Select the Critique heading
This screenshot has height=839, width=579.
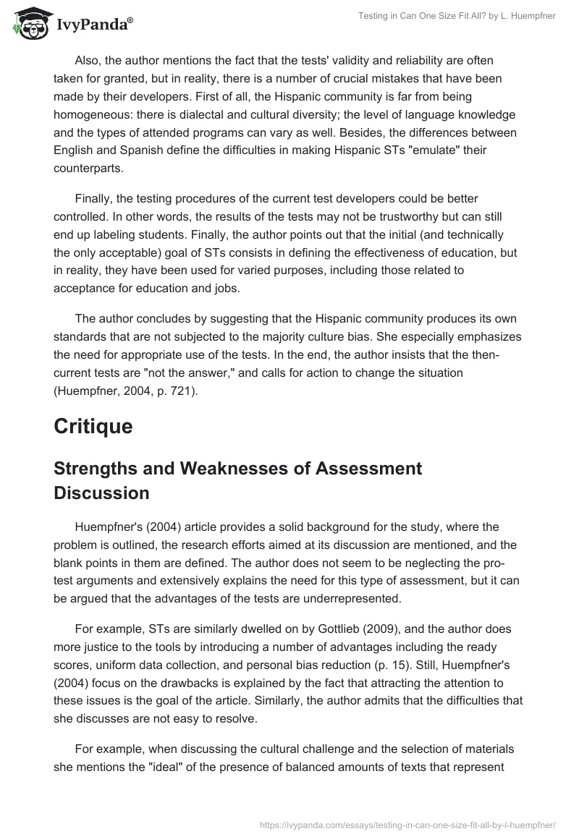click(93, 427)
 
